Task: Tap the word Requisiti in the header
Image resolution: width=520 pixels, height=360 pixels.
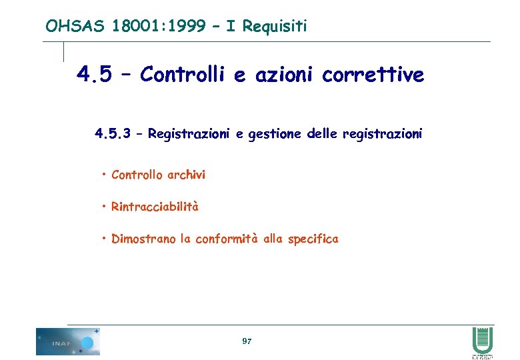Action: point(275,26)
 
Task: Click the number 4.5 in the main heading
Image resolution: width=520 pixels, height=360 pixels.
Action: point(94,75)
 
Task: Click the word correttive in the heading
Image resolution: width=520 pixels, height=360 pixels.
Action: point(373,75)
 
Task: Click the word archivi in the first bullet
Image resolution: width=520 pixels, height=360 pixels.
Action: point(186,175)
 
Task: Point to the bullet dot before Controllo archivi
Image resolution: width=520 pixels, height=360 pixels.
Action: point(105,175)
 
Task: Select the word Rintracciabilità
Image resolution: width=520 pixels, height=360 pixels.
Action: point(155,207)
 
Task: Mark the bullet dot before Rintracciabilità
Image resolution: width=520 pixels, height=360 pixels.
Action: point(105,207)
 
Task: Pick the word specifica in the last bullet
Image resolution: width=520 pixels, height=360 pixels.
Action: point(313,239)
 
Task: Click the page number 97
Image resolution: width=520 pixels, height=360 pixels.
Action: point(247,341)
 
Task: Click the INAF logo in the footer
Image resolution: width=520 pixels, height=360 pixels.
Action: point(67,341)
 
